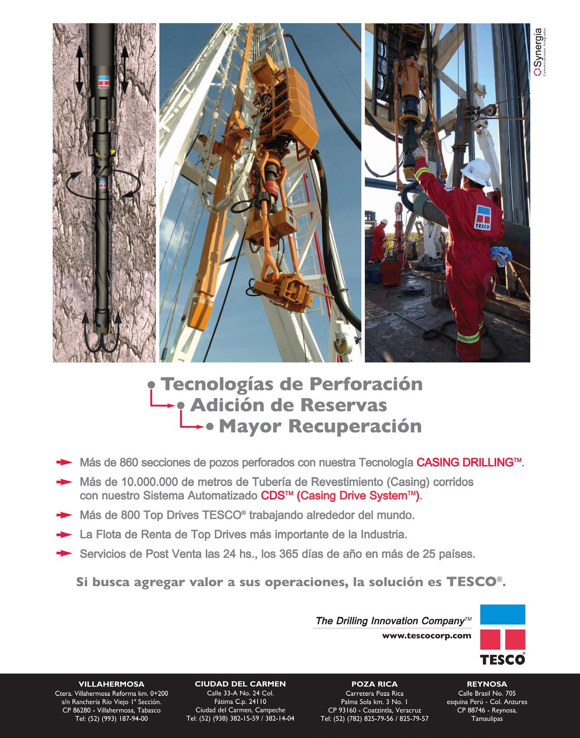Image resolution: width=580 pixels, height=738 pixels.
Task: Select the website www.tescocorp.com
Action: point(426,636)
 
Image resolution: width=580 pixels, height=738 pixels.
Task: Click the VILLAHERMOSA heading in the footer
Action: point(111,684)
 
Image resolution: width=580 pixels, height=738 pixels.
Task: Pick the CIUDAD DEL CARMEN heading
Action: point(240,684)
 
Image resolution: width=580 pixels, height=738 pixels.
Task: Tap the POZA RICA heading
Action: point(374,684)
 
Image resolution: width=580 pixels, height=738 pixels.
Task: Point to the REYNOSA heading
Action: point(487,684)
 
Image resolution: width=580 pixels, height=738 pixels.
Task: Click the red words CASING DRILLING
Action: point(469,462)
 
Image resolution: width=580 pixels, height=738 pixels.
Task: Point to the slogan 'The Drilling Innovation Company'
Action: point(390,621)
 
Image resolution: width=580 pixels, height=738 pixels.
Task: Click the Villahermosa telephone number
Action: point(111,718)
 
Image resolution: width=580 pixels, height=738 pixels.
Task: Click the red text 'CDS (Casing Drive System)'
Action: point(341,495)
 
